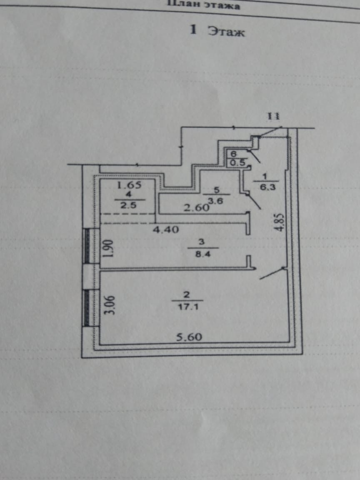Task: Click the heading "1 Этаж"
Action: point(217,31)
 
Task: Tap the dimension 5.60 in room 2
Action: point(187,337)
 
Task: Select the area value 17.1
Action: point(187,306)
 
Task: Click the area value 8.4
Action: point(202,252)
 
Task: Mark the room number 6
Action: point(233,154)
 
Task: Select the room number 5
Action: point(216,190)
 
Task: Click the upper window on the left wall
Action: point(87,246)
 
